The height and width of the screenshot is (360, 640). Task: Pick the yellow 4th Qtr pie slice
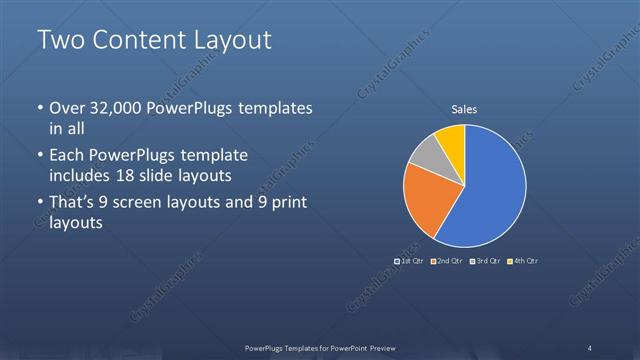[x=452, y=138]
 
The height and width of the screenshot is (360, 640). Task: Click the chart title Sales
[x=463, y=109]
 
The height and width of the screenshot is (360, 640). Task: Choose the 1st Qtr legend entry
[x=411, y=261]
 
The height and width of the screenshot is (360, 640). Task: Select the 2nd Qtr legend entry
[x=447, y=261]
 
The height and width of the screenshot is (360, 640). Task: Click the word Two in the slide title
[x=57, y=40]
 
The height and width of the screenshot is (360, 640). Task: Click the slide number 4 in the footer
[x=590, y=347]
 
